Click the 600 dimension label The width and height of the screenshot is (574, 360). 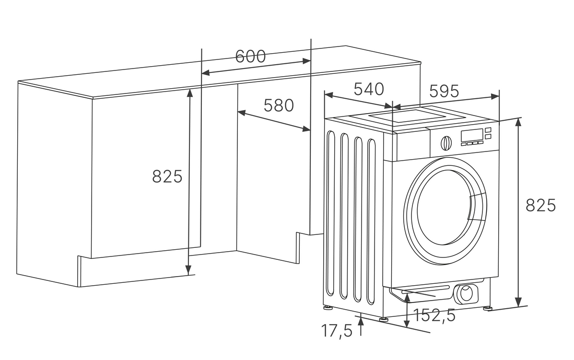pos(250,57)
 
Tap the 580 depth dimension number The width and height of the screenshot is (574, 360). pos(279,105)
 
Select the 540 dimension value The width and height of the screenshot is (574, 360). pos(369,89)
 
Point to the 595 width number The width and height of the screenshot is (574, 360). pos(444,91)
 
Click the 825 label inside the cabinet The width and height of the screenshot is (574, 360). pos(167,177)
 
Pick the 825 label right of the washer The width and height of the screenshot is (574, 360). pos(540,205)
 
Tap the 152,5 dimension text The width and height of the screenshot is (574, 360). pos(434,315)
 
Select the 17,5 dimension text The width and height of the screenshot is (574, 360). pos(337,330)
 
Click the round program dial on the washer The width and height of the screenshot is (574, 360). pos(446,143)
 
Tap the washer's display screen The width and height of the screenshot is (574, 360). pos(471,135)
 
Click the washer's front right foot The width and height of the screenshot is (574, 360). pos(488,308)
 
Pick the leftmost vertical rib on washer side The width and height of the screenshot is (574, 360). pos(329,213)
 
